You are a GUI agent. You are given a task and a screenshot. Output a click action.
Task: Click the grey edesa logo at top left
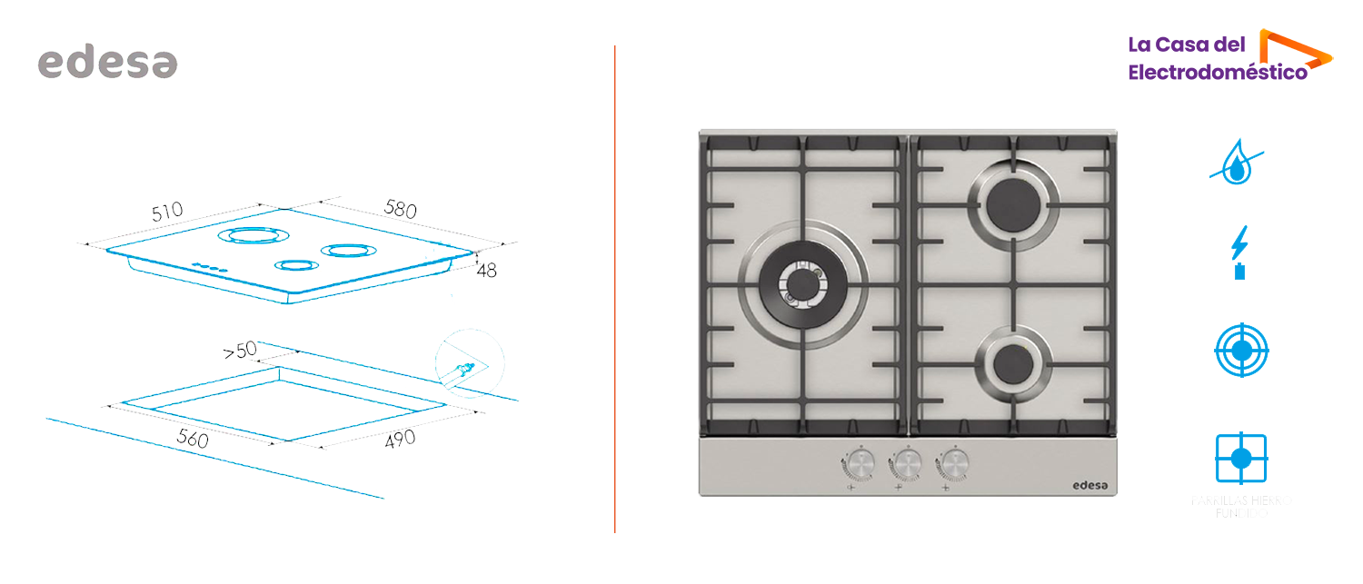tap(107, 62)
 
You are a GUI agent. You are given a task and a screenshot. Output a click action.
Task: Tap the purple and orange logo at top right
tap(1230, 54)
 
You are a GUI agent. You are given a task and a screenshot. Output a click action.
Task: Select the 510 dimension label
tap(167, 213)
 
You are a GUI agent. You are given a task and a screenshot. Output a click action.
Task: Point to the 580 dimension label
tap(400, 208)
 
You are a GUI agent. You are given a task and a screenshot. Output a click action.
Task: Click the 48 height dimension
tap(486, 270)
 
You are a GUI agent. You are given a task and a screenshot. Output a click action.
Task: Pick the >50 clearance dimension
tap(241, 350)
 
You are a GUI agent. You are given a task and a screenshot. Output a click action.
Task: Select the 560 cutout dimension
tap(192, 440)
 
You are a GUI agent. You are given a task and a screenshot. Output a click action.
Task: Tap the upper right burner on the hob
tap(1012, 204)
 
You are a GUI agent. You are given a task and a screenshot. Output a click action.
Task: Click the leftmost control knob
tap(859, 465)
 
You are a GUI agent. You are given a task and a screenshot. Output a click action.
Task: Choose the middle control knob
tap(906, 465)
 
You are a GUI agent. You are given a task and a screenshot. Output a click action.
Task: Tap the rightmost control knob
tap(953, 465)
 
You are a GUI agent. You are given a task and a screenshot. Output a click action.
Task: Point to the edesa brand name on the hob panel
tap(1085, 485)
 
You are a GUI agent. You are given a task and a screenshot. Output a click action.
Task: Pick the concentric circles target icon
tap(1241, 350)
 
